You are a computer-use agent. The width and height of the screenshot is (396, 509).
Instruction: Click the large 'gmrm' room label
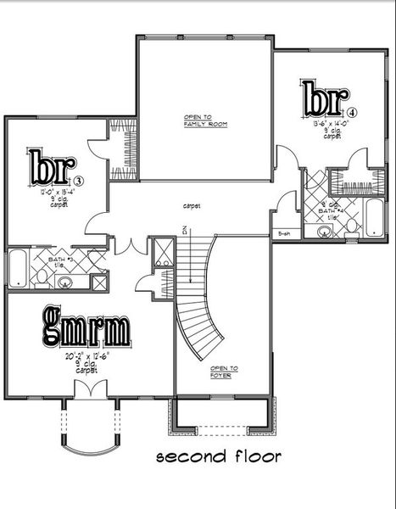[86, 327]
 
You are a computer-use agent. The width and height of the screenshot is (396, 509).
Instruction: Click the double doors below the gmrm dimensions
[87, 390]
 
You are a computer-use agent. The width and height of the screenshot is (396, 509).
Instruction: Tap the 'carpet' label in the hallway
[190, 205]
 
